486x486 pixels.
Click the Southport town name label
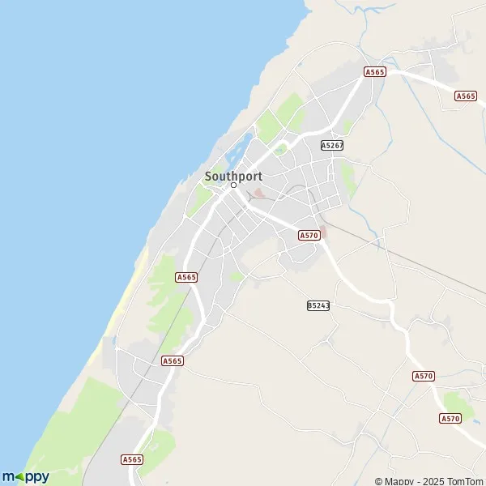click(x=233, y=175)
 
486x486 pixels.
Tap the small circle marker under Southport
click(x=233, y=185)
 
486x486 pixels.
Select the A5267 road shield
click(x=332, y=146)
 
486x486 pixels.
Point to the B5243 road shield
click(x=318, y=305)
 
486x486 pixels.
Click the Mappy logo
click(x=25, y=476)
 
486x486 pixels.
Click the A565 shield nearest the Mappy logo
click(x=132, y=459)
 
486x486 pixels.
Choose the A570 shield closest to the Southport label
click(x=309, y=235)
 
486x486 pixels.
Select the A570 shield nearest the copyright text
click(x=450, y=418)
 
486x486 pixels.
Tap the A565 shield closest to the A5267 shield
click(x=374, y=72)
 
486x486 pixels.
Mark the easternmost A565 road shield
click(x=466, y=96)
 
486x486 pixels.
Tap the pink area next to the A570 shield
click(x=323, y=230)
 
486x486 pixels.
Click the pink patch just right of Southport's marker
click(x=258, y=193)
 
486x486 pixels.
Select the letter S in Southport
click(x=208, y=175)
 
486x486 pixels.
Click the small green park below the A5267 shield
click(x=348, y=178)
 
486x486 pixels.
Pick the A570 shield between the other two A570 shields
click(x=423, y=376)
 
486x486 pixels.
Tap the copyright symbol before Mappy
click(x=378, y=481)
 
